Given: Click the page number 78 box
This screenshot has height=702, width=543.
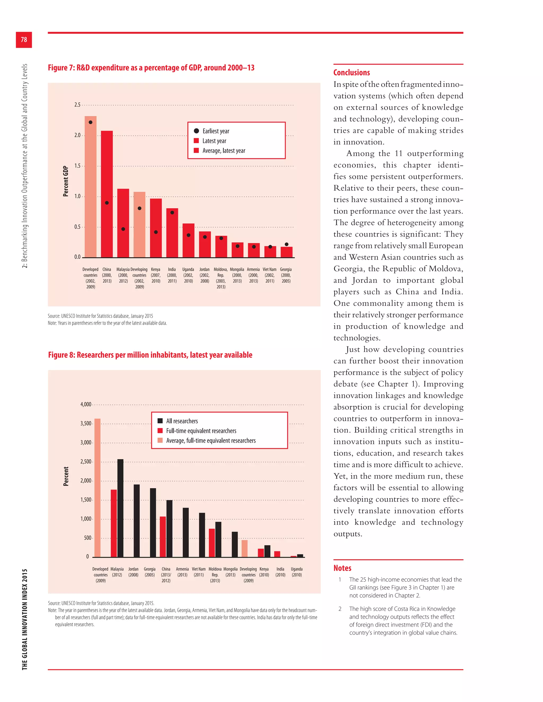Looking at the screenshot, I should click(x=24, y=40).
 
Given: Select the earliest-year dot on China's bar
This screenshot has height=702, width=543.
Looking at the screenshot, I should click(x=107, y=203).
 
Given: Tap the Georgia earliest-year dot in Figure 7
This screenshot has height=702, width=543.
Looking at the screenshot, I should click(x=287, y=244).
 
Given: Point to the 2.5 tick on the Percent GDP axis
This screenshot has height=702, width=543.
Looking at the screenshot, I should click(x=77, y=105).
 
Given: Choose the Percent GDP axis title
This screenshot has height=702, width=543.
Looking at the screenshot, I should click(x=66, y=181).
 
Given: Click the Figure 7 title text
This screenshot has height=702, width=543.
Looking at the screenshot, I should click(x=151, y=68).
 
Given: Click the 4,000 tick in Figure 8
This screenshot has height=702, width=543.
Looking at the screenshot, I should click(x=86, y=404).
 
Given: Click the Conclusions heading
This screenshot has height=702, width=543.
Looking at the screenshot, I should click(x=352, y=73).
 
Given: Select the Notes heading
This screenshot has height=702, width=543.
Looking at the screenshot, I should click(x=342, y=568).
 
